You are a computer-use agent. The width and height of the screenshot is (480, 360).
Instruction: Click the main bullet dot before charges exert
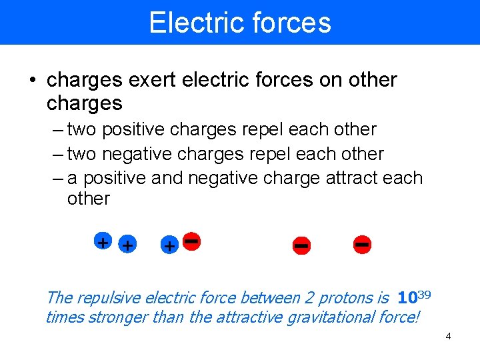33,81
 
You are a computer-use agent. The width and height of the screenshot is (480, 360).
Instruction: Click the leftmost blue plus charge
102,242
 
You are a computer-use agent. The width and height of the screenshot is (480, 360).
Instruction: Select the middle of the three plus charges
127,245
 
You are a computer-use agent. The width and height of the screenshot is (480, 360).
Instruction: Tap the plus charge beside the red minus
170,246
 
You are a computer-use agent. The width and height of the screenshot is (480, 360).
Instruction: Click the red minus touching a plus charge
192,240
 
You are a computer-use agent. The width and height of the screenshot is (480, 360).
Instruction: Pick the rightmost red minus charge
363,244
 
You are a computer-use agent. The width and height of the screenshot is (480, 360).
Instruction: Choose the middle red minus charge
301,245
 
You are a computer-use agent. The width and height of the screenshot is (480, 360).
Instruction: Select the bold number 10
407,297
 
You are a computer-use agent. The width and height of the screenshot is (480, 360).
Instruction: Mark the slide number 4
448,336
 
